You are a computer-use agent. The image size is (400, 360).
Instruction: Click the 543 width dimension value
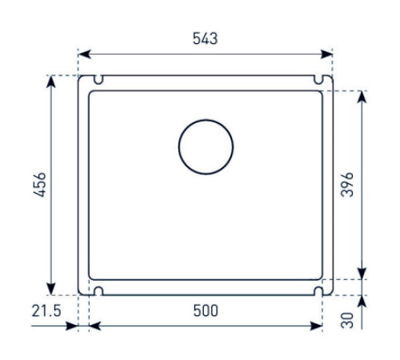(205, 38)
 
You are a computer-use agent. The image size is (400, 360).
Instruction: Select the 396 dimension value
(347, 186)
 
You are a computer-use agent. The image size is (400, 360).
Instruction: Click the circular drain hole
(206, 148)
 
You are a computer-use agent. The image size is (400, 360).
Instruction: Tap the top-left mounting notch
(98, 81)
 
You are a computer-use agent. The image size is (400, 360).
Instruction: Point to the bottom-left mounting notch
(98, 290)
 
